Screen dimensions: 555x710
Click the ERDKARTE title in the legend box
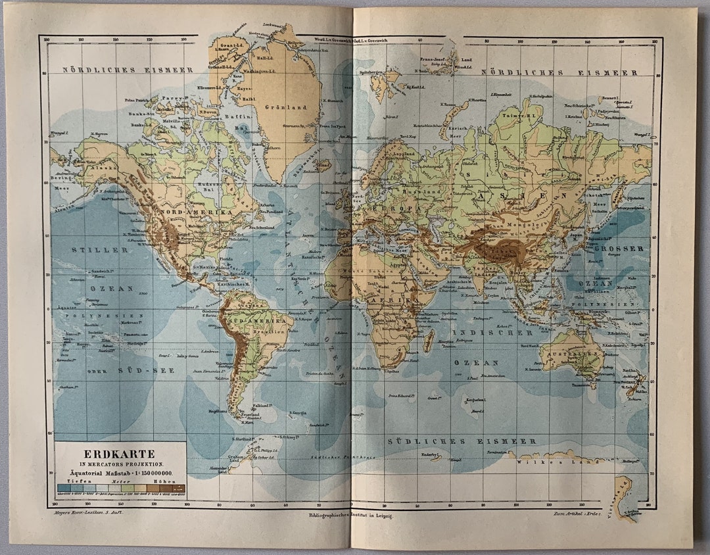[119, 454]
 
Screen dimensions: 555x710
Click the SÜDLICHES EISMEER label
[461, 441]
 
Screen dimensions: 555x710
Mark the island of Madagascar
[429, 341]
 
